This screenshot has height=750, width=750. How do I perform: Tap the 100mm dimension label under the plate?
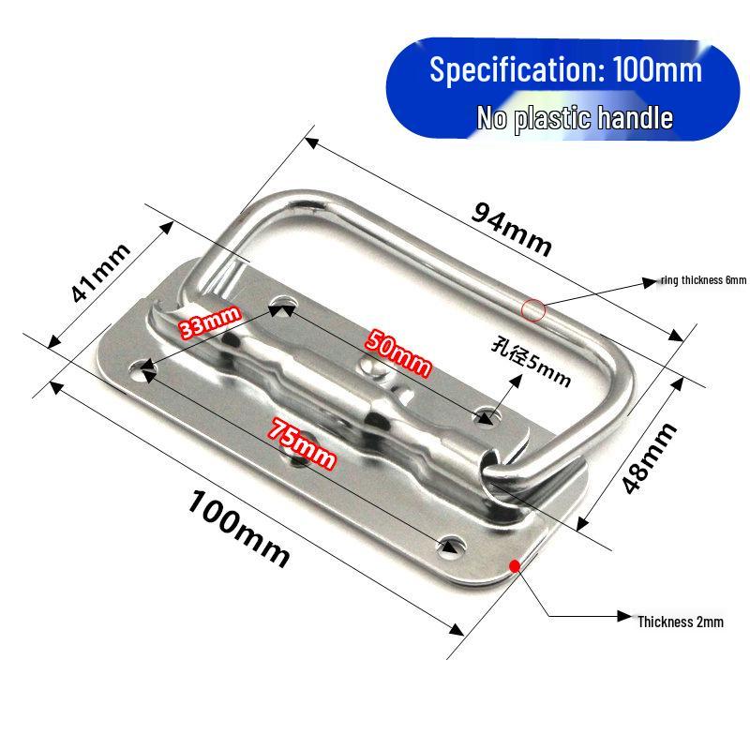238,527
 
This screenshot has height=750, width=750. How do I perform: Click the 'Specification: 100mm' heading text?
565,70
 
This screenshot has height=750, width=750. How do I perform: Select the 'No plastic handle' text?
575,118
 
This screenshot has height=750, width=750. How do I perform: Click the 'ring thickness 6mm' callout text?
703,280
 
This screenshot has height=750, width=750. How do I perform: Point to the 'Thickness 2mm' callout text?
681,621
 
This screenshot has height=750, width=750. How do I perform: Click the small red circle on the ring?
533,307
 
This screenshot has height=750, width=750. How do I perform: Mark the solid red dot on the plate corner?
514,565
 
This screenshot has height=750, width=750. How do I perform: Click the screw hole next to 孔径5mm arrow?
486,414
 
